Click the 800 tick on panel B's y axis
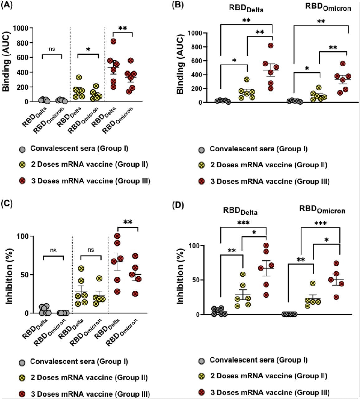[x=194, y=47]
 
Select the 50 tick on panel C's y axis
[x=23, y=275]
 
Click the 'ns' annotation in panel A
[x=52, y=49]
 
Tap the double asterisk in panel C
[x=128, y=223]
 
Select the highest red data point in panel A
[x=113, y=41]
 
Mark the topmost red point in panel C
[x=117, y=236]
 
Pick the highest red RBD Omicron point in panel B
[x=343, y=64]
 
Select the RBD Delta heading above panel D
[x=240, y=211]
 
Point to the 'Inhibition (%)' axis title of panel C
[x=10, y=275]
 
